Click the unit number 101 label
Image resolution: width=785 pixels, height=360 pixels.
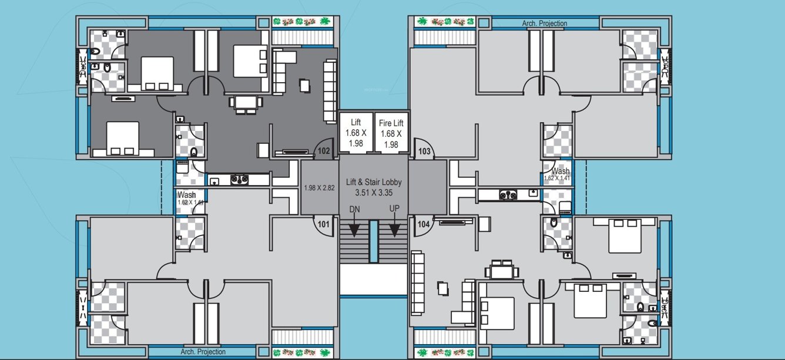(x=323, y=223)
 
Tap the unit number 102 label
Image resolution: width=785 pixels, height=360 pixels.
(x=323, y=151)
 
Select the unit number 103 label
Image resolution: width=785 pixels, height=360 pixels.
(x=424, y=152)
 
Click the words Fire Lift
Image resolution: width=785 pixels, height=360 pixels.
(x=391, y=123)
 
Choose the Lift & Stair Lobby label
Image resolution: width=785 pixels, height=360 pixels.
(x=374, y=183)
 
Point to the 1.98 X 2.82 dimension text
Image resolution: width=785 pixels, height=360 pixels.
(x=319, y=188)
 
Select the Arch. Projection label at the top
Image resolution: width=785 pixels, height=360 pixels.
(x=545, y=23)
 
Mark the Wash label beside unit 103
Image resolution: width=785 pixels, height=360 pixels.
(x=560, y=171)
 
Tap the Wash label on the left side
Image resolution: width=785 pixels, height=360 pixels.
(x=186, y=195)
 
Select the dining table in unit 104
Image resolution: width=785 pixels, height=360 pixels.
(x=501, y=271)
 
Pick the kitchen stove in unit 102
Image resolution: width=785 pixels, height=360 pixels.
(x=239, y=179)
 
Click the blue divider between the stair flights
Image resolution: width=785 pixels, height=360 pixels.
(x=374, y=241)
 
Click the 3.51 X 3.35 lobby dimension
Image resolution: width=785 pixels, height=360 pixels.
(x=374, y=192)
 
